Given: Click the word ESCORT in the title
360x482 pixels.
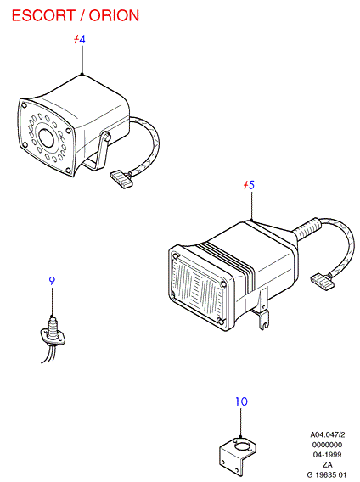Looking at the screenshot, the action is point(43,15).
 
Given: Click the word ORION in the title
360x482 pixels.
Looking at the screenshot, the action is point(114,15).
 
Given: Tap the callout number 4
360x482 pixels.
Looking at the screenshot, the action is point(82,39).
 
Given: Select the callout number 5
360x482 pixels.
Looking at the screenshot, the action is point(251,185).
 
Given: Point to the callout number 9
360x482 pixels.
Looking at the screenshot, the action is point(52,281).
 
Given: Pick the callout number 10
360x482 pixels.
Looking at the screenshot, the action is point(241,401).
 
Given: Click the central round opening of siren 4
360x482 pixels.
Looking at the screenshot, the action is point(47,137).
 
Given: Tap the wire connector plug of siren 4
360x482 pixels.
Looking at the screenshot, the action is point(121,180).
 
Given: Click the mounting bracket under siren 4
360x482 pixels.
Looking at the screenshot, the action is point(98,154).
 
